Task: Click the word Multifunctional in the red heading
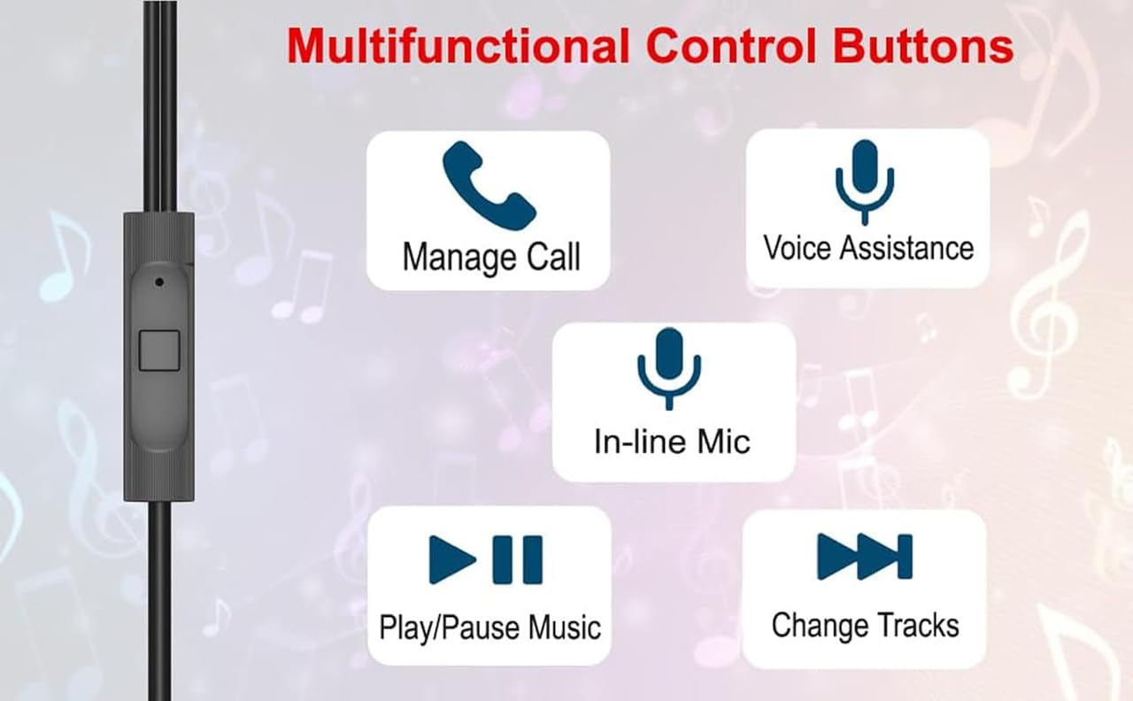point(458,46)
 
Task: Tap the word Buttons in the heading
point(923,46)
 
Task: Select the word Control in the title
point(731,46)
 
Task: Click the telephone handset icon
point(489,186)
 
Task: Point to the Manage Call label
point(491,258)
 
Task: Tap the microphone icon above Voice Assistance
point(865,182)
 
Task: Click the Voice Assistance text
point(868,248)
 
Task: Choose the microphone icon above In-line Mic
point(669,368)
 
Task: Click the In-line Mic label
point(672,442)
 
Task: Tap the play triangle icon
point(451,560)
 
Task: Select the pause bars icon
point(518,559)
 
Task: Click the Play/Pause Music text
point(489,628)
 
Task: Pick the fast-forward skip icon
point(865,557)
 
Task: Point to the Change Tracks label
point(866,626)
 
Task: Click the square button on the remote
point(159,350)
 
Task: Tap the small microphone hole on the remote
point(159,281)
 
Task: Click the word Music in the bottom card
point(565,628)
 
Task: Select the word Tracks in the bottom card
point(918,625)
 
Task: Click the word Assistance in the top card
point(907,248)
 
